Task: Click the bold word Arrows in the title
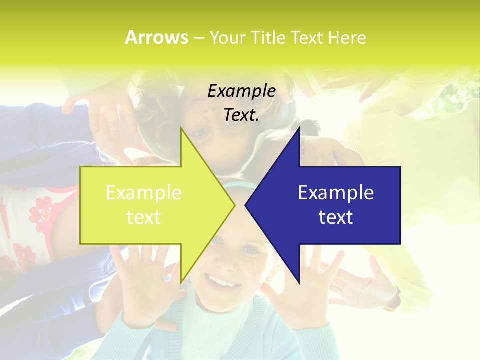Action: click(x=156, y=37)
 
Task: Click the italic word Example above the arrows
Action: click(x=241, y=91)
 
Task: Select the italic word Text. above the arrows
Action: click(x=241, y=115)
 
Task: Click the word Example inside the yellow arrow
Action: click(x=143, y=193)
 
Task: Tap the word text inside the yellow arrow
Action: click(x=143, y=217)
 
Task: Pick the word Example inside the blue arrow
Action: click(x=336, y=193)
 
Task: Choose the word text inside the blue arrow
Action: click(x=336, y=217)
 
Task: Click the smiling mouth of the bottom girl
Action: click(x=220, y=282)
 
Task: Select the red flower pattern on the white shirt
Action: click(x=42, y=210)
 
